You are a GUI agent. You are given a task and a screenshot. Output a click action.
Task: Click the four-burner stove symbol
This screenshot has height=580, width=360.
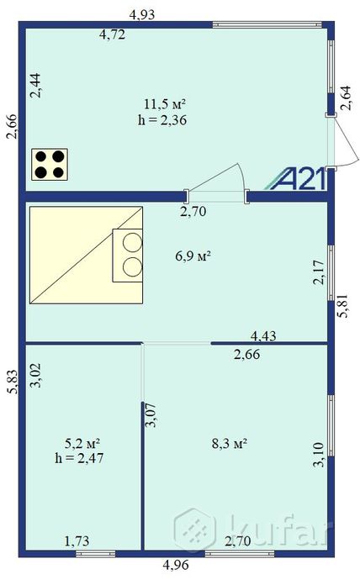coord(50,164)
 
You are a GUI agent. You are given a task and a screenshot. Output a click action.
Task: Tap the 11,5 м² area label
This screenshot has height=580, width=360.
coord(164,105)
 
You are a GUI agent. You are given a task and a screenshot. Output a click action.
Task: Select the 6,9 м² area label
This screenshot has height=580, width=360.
coord(192,256)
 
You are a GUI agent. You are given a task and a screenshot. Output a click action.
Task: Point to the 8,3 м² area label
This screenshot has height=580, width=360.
coord(228,443)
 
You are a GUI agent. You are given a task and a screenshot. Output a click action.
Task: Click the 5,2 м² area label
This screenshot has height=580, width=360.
coord(83,443)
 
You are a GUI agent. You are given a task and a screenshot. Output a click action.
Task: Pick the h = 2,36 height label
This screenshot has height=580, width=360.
coord(161,120)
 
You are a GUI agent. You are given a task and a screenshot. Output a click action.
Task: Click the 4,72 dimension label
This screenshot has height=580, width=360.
coord(114,34)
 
